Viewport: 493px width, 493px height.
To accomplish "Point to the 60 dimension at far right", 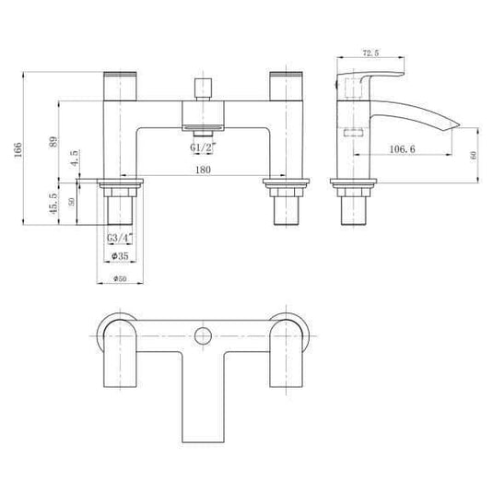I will coord(474,156).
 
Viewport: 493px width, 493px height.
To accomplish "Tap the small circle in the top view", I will coord(201,335).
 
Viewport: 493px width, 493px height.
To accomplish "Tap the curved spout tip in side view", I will coord(449,124).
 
